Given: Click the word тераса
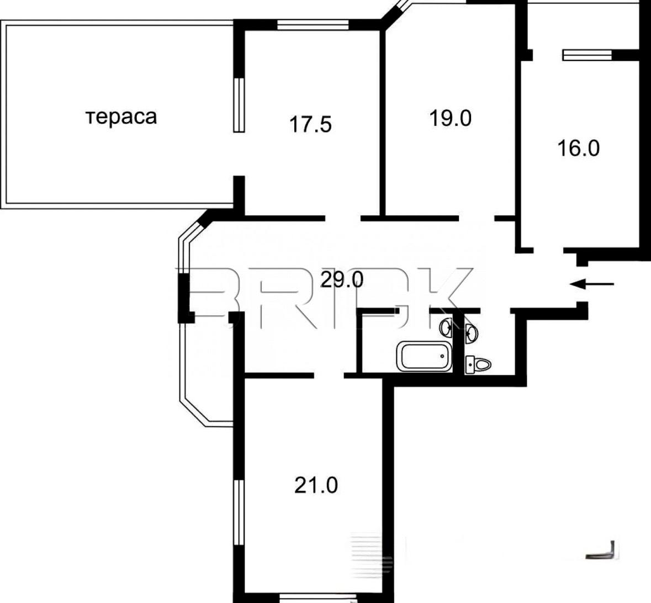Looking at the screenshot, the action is pyautogui.click(x=121, y=117).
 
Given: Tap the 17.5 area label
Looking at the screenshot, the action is pyautogui.click(x=310, y=125).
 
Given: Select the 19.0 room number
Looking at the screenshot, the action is pyautogui.click(x=451, y=118).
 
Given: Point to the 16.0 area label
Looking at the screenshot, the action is pyautogui.click(x=579, y=148).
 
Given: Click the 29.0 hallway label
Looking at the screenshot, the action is pyautogui.click(x=342, y=280).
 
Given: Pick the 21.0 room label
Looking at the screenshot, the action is pyautogui.click(x=316, y=485).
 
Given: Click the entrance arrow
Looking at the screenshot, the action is pyautogui.click(x=591, y=284).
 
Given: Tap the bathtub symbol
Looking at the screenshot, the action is pyautogui.click(x=424, y=357).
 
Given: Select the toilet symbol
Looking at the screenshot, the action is pyautogui.click(x=478, y=364).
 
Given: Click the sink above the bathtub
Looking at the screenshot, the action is pyautogui.click(x=447, y=327).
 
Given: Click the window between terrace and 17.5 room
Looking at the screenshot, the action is pyautogui.click(x=239, y=105).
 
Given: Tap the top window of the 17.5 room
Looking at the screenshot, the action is pyautogui.click(x=313, y=25).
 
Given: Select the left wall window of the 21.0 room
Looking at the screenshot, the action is pyautogui.click(x=239, y=512).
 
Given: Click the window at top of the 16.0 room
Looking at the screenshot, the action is pyautogui.click(x=587, y=55).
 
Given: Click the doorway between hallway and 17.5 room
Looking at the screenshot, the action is pyautogui.click(x=342, y=218).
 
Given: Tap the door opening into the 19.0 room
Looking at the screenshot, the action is pyautogui.click(x=476, y=218).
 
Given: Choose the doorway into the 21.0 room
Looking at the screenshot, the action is pyautogui.click(x=329, y=375).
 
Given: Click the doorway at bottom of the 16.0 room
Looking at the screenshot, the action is pyautogui.click(x=548, y=250).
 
